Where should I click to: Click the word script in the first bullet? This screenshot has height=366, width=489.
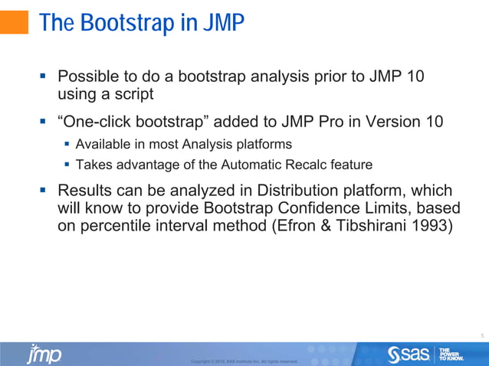point(132,95)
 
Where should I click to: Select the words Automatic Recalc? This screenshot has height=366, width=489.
point(260,163)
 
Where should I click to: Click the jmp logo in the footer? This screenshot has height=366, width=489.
point(44,354)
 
